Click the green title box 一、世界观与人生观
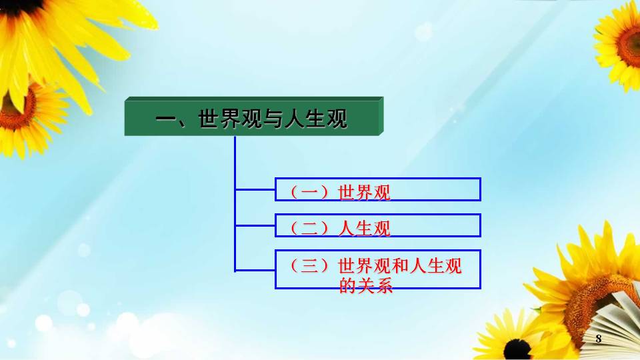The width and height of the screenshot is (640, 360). pos(254,116)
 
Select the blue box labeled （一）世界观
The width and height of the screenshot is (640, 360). pos(378,189)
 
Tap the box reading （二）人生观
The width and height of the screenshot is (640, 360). pos(378,225)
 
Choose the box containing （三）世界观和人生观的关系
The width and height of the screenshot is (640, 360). pos(378,269)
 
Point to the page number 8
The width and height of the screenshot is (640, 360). pos(599,339)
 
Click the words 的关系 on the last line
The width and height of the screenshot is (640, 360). pos(366,285)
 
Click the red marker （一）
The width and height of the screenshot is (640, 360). pos(309,192)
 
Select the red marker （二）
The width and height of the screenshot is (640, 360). pos(309,228)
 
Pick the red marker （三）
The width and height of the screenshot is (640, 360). pos(309,266)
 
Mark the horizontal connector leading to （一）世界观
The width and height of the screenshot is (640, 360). pos(255,189)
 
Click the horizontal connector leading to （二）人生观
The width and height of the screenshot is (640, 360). pos(255,225)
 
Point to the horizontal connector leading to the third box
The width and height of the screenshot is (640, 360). pos(255,270)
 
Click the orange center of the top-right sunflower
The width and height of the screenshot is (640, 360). pos(629,46)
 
